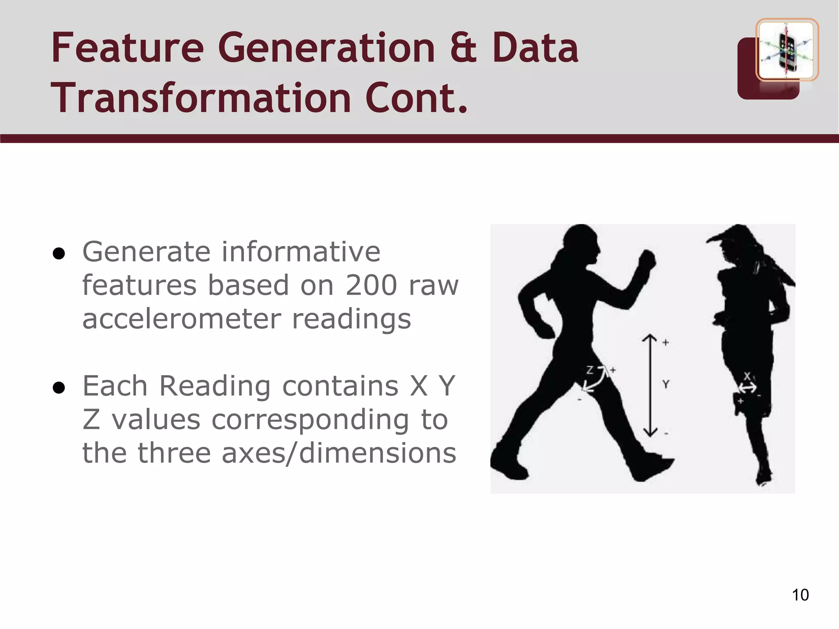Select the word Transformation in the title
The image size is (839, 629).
(201, 98)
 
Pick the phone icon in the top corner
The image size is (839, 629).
(786, 50)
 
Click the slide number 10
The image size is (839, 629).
(800, 595)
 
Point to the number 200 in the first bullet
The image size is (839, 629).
(371, 285)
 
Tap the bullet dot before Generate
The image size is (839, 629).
(59, 254)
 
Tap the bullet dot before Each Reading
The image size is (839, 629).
(59, 388)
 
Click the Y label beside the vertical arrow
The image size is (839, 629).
(666, 384)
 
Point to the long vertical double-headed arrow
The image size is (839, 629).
(650, 385)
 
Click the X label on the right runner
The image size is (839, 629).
(747, 376)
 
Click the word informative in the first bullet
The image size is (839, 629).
(301, 252)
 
